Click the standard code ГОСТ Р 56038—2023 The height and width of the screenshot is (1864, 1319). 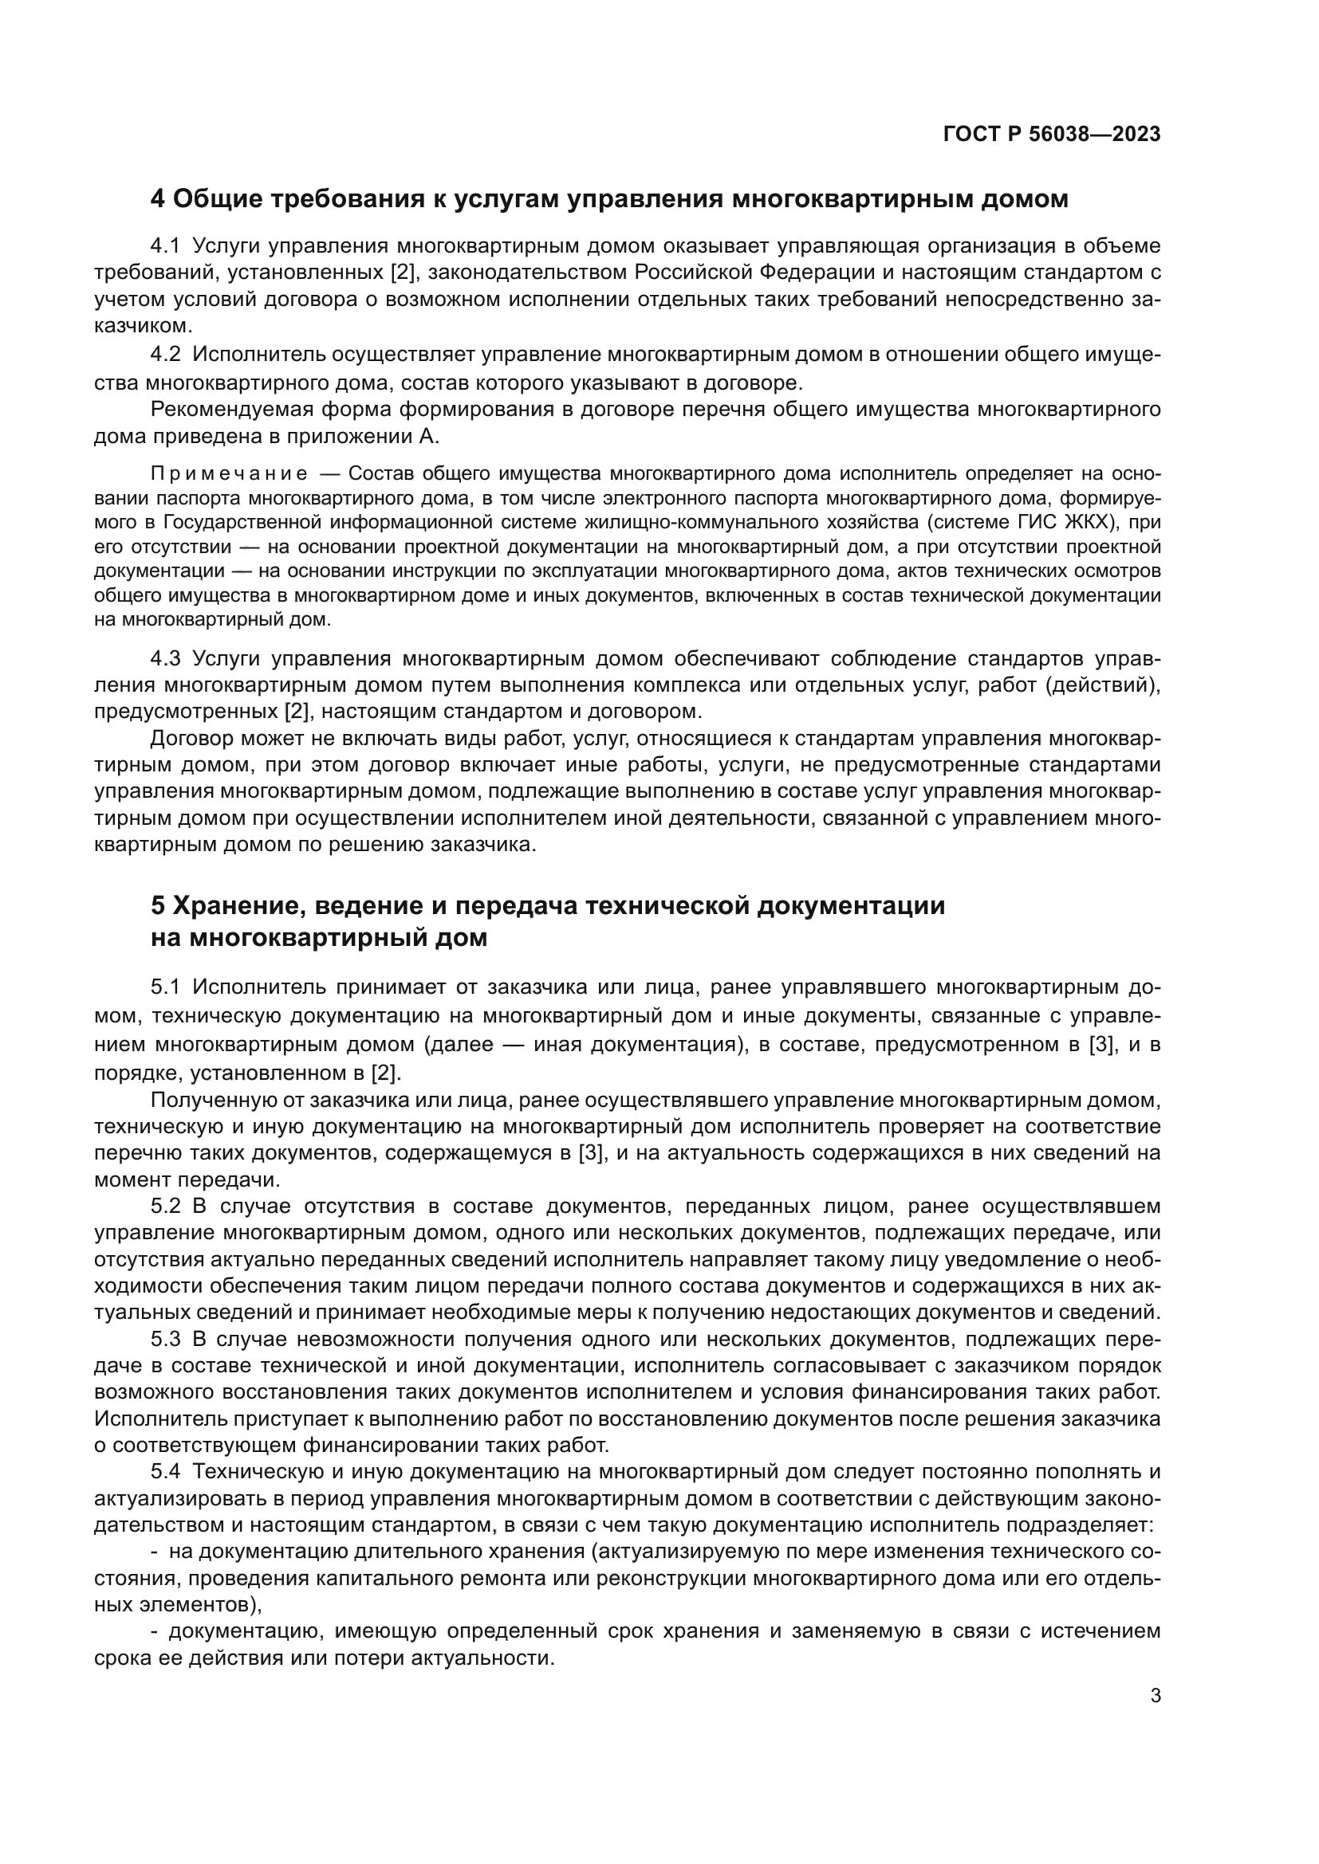click(x=1052, y=134)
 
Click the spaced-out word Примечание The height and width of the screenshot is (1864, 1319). click(x=229, y=474)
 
